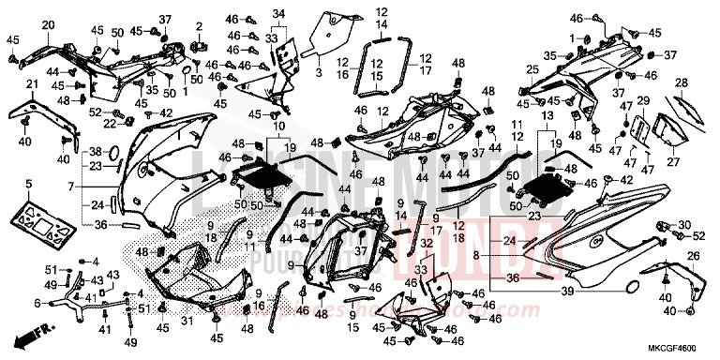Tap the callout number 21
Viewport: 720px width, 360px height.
coord(30,85)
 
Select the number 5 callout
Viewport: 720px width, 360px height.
coord(29,183)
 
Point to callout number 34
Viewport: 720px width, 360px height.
coord(277,12)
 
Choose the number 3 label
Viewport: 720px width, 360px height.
coord(318,71)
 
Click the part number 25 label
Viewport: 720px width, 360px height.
coord(531,69)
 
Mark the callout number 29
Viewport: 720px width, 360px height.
coord(643,100)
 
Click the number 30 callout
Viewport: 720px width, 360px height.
coord(683,225)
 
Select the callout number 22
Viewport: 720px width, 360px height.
coord(109,124)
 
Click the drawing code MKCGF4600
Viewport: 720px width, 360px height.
coord(676,346)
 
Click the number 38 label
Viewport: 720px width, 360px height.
coord(96,151)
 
